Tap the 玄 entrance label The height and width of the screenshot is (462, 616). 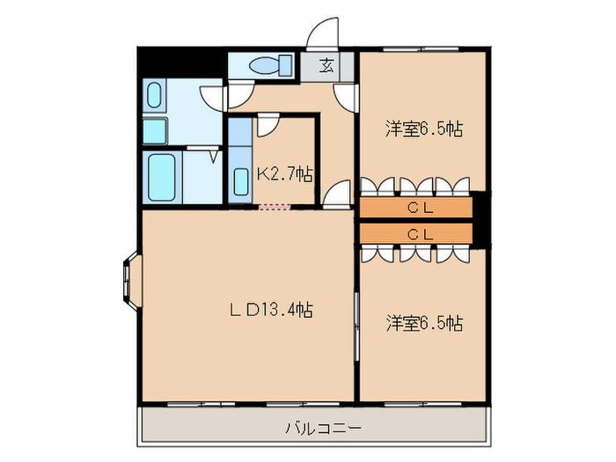326,64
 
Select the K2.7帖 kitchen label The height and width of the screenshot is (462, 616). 283,173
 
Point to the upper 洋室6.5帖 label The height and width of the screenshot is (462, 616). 423,128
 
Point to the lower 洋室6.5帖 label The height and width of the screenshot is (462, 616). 423,323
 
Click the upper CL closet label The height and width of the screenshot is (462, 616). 420,208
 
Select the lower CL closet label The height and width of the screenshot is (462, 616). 420,233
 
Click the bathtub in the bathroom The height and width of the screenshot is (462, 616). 162,178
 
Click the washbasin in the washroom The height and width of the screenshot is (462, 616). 155,96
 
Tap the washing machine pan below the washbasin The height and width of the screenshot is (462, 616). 156,130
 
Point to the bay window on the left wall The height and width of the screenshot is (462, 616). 128,281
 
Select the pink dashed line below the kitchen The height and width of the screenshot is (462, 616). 273,208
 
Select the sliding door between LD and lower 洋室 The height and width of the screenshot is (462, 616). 356,326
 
